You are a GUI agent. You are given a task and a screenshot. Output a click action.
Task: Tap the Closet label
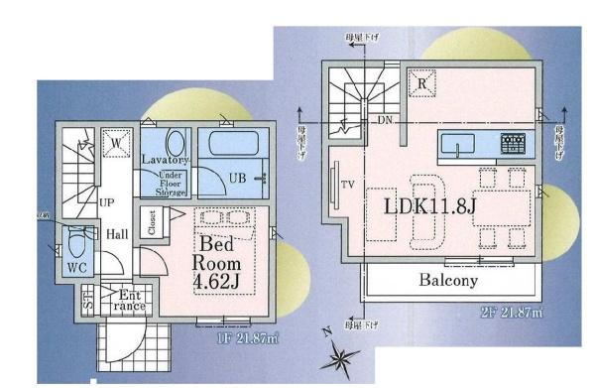click(x=152, y=222)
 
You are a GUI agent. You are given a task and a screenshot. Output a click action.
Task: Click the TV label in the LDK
click(x=349, y=186)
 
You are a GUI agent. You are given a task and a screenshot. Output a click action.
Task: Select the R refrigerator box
click(x=422, y=84)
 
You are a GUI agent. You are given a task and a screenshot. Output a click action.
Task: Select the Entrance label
click(x=132, y=301)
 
